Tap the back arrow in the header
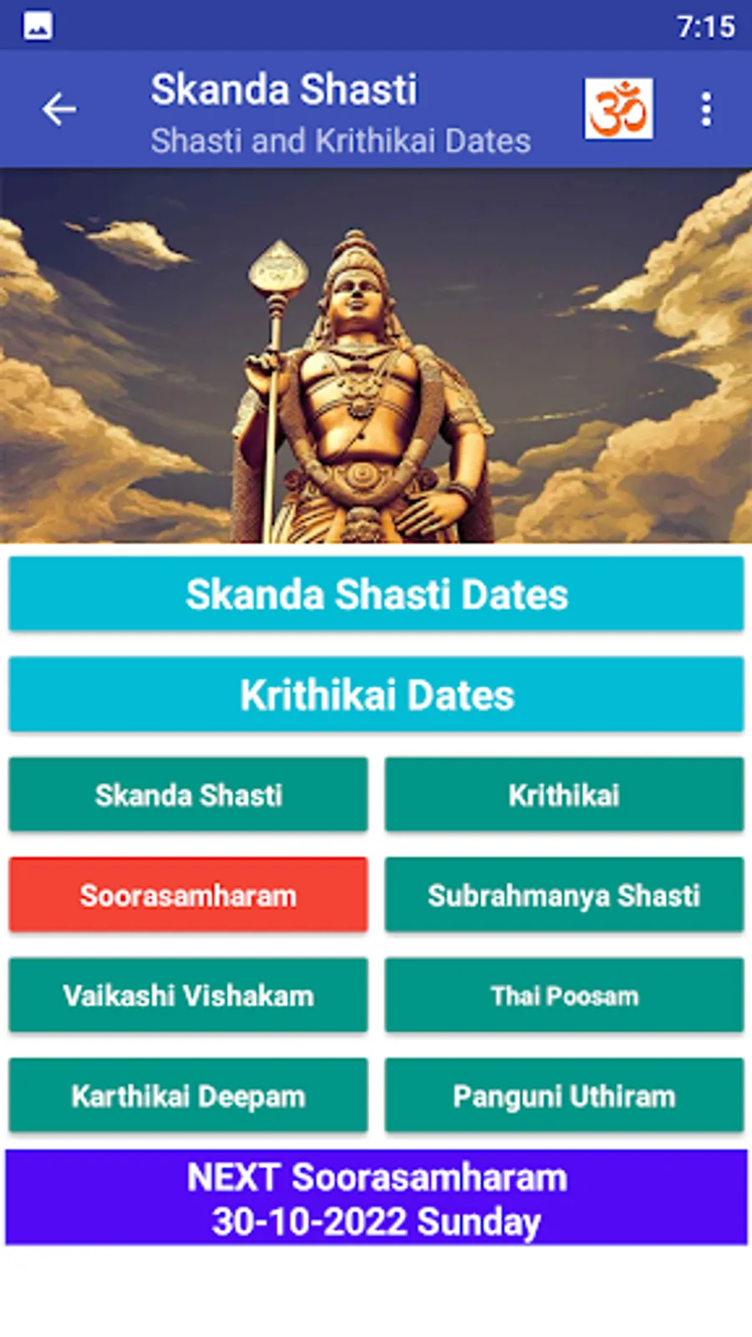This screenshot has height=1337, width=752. [x=59, y=109]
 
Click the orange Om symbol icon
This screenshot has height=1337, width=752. [x=618, y=109]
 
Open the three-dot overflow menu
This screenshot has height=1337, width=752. [x=707, y=109]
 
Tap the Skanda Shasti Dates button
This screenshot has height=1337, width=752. [x=377, y=594]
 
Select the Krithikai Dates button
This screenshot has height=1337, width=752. [x=377, y=694]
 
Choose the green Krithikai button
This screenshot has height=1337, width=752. [x=564, y=795]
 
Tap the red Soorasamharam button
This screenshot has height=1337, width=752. [x=189, y=895]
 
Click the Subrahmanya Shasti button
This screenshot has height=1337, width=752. [x=564, y=895]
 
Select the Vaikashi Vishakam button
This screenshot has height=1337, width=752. [x=189, y=995]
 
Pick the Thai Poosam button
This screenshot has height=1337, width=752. [x=564, y=995]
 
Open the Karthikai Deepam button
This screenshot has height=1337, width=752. [x=189, y=1096]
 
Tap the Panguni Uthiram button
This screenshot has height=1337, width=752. [x=564, y=1096]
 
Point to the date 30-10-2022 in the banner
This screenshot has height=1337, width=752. [x=309, y=1221]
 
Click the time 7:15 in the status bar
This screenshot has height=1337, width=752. [x=706, y=27]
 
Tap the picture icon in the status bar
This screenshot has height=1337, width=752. [x=38, y=26]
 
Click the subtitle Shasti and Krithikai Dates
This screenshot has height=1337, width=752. [x=341, y=141]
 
